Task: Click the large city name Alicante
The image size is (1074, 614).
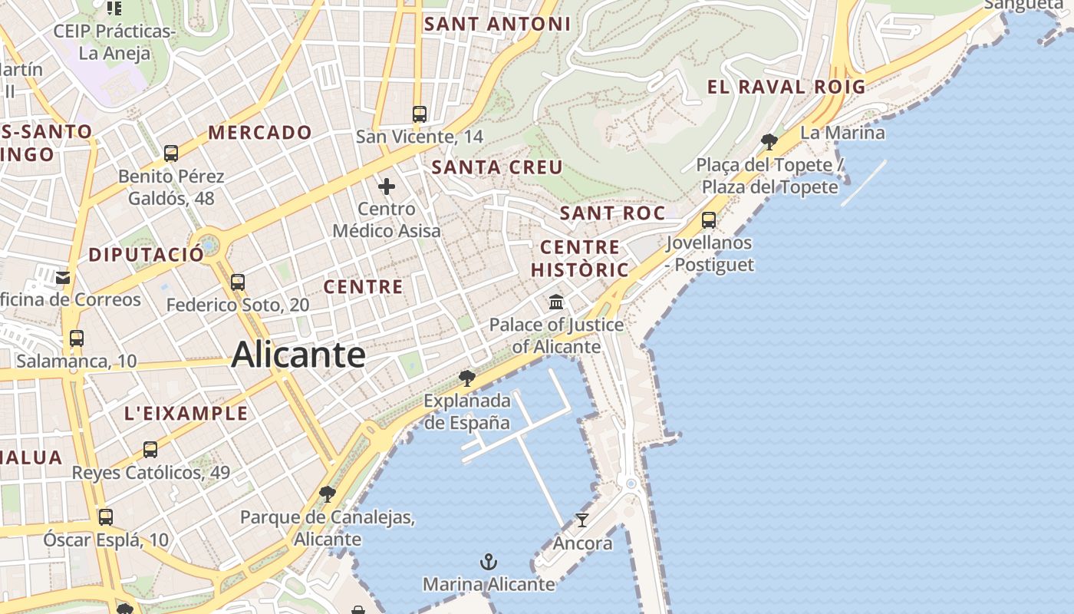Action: click(298, 355)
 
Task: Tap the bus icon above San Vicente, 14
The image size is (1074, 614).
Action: click(419, 114)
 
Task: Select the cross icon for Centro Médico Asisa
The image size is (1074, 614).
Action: click(387, 186)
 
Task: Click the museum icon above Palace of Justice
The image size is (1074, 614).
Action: click(556, 302)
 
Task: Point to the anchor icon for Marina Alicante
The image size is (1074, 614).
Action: click(489, 562)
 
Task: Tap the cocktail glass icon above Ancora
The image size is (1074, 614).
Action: click(582, 520)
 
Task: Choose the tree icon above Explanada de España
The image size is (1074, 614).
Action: click(466, 378)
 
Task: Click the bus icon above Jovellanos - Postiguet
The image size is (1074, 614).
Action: click(709, 220)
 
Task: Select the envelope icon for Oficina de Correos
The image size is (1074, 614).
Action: click(63, 277)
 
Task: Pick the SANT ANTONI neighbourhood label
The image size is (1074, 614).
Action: click(498, 24)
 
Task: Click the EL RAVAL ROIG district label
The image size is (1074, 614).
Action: click(786, 87)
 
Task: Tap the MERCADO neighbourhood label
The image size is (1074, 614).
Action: click(260, 132)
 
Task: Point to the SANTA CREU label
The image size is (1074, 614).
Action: click(497, 167)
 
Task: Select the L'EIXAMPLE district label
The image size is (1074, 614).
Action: click(186, 414)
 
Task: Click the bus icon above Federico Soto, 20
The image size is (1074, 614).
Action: click(238, 282)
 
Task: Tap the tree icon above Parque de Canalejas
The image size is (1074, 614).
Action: click(328, 494)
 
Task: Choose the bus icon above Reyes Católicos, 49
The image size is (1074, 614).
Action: click(150, 450)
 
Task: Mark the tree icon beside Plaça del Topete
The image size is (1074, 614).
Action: click(769, 141)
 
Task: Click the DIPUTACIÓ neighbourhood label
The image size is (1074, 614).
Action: click(147, 255)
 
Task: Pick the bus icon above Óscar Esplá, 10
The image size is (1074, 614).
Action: click(106, 517)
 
